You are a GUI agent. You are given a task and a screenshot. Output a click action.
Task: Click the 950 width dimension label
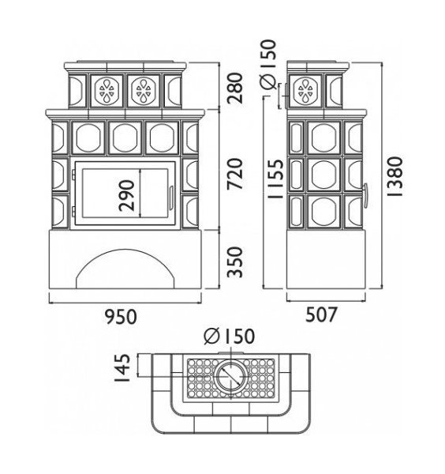[121, 317]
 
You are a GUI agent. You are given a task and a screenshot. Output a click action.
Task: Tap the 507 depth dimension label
[320, 314]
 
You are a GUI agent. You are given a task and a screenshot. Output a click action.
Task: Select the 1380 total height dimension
[395, 176]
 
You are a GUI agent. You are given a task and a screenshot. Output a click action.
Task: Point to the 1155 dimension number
[275, 179]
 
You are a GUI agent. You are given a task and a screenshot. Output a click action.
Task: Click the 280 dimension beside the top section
[235, 88]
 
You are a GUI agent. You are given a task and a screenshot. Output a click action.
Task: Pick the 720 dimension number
[235, 174]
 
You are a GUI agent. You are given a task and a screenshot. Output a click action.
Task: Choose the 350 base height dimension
[235, 262]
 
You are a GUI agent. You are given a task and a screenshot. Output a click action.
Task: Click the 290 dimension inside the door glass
[126, 195]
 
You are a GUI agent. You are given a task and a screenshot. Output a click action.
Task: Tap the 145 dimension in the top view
[123, 367]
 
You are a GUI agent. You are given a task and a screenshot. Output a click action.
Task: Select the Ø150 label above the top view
[229, 336]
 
